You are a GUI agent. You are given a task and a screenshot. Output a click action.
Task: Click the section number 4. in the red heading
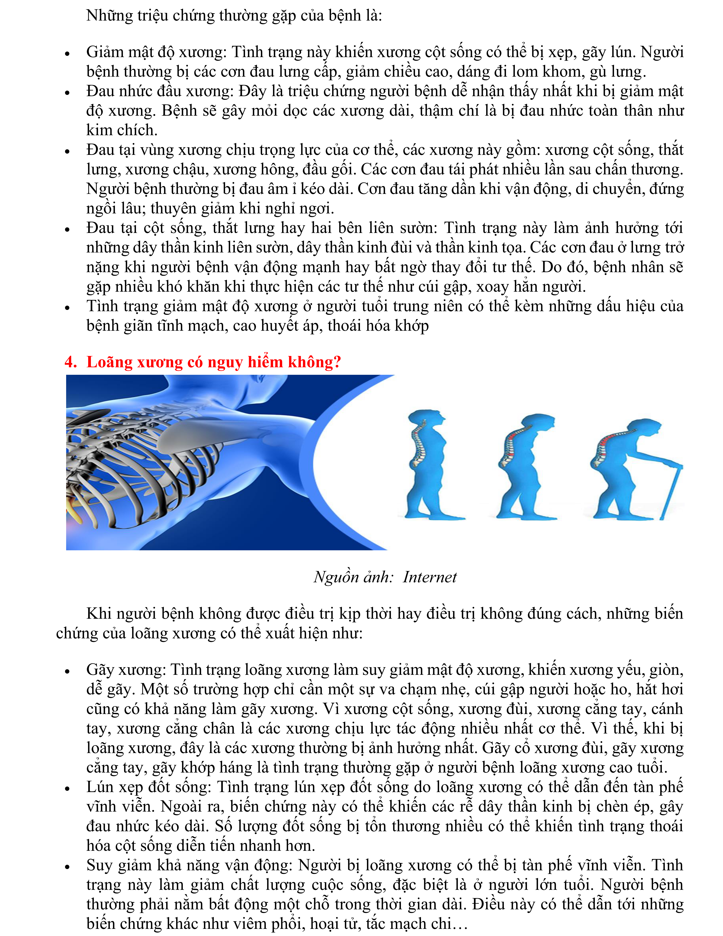70,362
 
